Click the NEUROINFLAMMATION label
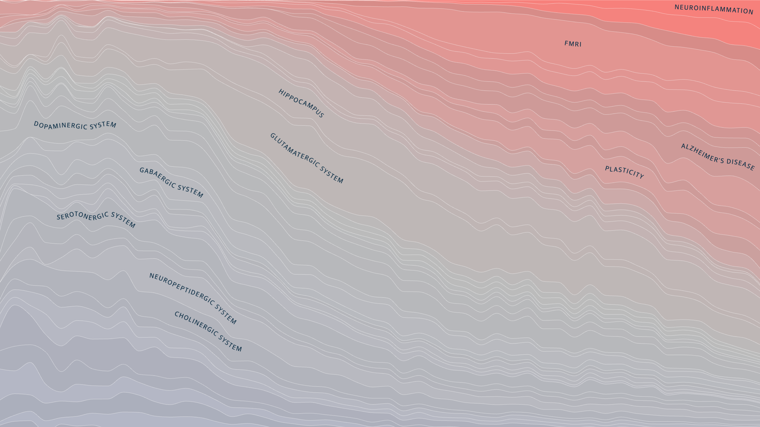click(x=714, y=9)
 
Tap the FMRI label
click(x=573, y=44)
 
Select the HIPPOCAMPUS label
click(x=301, y=103)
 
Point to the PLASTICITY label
click(x=624, y=172)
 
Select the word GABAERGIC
click(x=157, y=177)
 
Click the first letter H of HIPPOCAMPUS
click(x=281, y=91)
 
